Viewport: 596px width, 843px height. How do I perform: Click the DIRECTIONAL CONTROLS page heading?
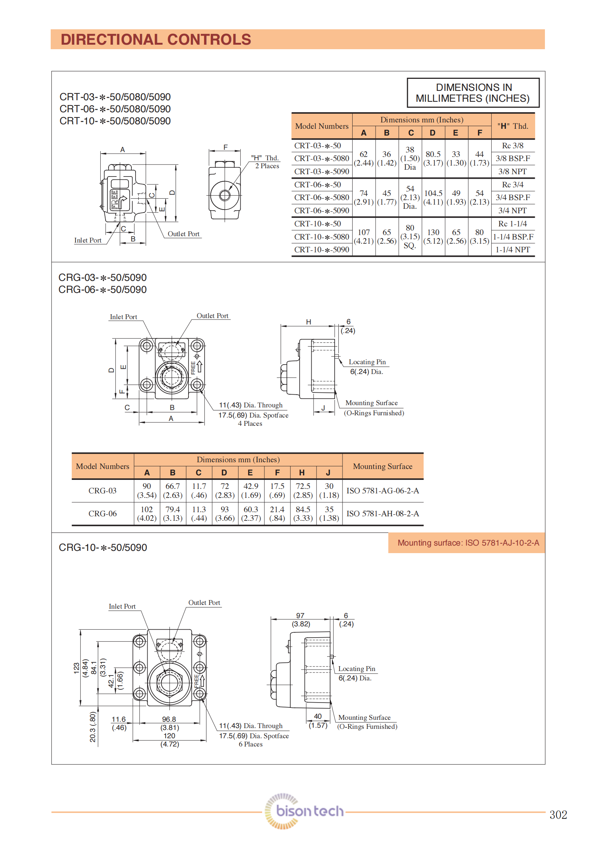pyautogui.click(x=156, y=39)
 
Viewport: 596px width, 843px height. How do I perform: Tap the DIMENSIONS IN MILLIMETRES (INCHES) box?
pyautogui.click(x=473, y=93)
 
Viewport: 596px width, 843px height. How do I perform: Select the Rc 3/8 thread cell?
pyautogui.click(x=513, y=146)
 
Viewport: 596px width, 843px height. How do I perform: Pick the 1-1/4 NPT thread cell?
pyautogui.click(x=513, y=250)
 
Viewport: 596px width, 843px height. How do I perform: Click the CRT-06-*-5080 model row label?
pyautogui.click(x=321, y=198)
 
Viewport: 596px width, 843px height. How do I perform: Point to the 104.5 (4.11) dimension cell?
pyautogui.click(x=433, y=198)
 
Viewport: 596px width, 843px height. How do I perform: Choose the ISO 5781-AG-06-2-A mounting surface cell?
pyautogui.click(x=382, y=491)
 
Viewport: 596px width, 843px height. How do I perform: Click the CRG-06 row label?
pyautogui.click(x=102, y=514)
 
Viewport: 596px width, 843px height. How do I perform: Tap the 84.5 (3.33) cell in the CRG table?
pyautogui.click(x=303, y=514)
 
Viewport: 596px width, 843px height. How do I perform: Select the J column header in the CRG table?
pyautogui.click(x=328, y=473)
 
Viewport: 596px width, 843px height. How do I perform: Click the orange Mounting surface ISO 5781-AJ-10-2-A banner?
pyautogui.click(x=468, y=543)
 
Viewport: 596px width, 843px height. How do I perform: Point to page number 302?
pyautogui.click(x=558, y=815)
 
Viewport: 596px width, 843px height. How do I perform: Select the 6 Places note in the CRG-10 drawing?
pyautogui.click(x=250, y=744)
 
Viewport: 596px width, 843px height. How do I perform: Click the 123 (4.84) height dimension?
pyautogui.click(x=81, y=668)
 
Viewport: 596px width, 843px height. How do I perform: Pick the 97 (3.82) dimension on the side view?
pyautogui.click(x=300, y=620)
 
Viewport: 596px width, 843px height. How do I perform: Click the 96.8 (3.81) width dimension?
pyautogui.click(x=169, y=723)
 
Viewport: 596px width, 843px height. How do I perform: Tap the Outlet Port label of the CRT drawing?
pyautogui.click(x=183, y=234)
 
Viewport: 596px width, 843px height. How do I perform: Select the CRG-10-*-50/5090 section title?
pyautogui.click(x=103, y=547)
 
